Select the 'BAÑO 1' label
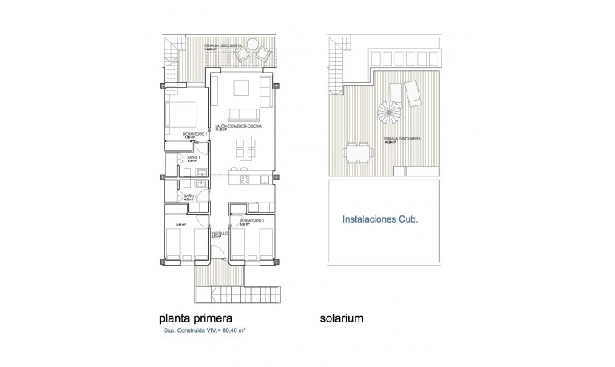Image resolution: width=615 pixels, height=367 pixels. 192,159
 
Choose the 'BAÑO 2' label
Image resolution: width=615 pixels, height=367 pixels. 190,195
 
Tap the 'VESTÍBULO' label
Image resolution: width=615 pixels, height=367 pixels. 220,234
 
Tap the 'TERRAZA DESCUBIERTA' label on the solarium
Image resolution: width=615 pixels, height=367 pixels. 401,139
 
